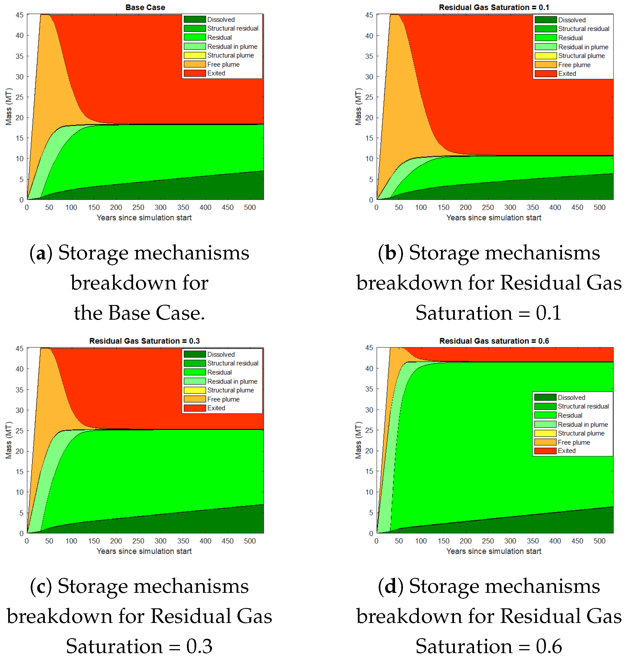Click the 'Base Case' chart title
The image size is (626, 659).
tap(145, 7)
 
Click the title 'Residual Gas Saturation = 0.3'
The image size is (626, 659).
tap(144, 341)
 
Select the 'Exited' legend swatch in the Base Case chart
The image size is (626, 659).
tap(195, 73)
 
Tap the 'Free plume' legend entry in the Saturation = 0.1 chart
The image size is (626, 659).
tap(574, 65)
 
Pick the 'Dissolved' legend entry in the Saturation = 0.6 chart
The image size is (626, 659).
tap(571, 397)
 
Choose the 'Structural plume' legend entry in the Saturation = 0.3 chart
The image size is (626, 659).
tap(230, 390)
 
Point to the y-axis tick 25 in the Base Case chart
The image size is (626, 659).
tap(20, 97)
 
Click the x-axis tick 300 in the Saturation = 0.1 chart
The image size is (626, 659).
tap(510, 207)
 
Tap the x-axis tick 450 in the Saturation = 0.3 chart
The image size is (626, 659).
tap(228, 541)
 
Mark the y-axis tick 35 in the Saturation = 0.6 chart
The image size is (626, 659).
tap(369, 389)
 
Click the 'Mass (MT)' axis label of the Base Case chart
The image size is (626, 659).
tap(9, 107)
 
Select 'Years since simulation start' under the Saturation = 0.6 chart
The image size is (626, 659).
tap(494, 551)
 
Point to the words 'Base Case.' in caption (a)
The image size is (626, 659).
tap(157, 313)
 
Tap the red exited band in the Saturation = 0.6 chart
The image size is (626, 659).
tap(534, 354)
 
